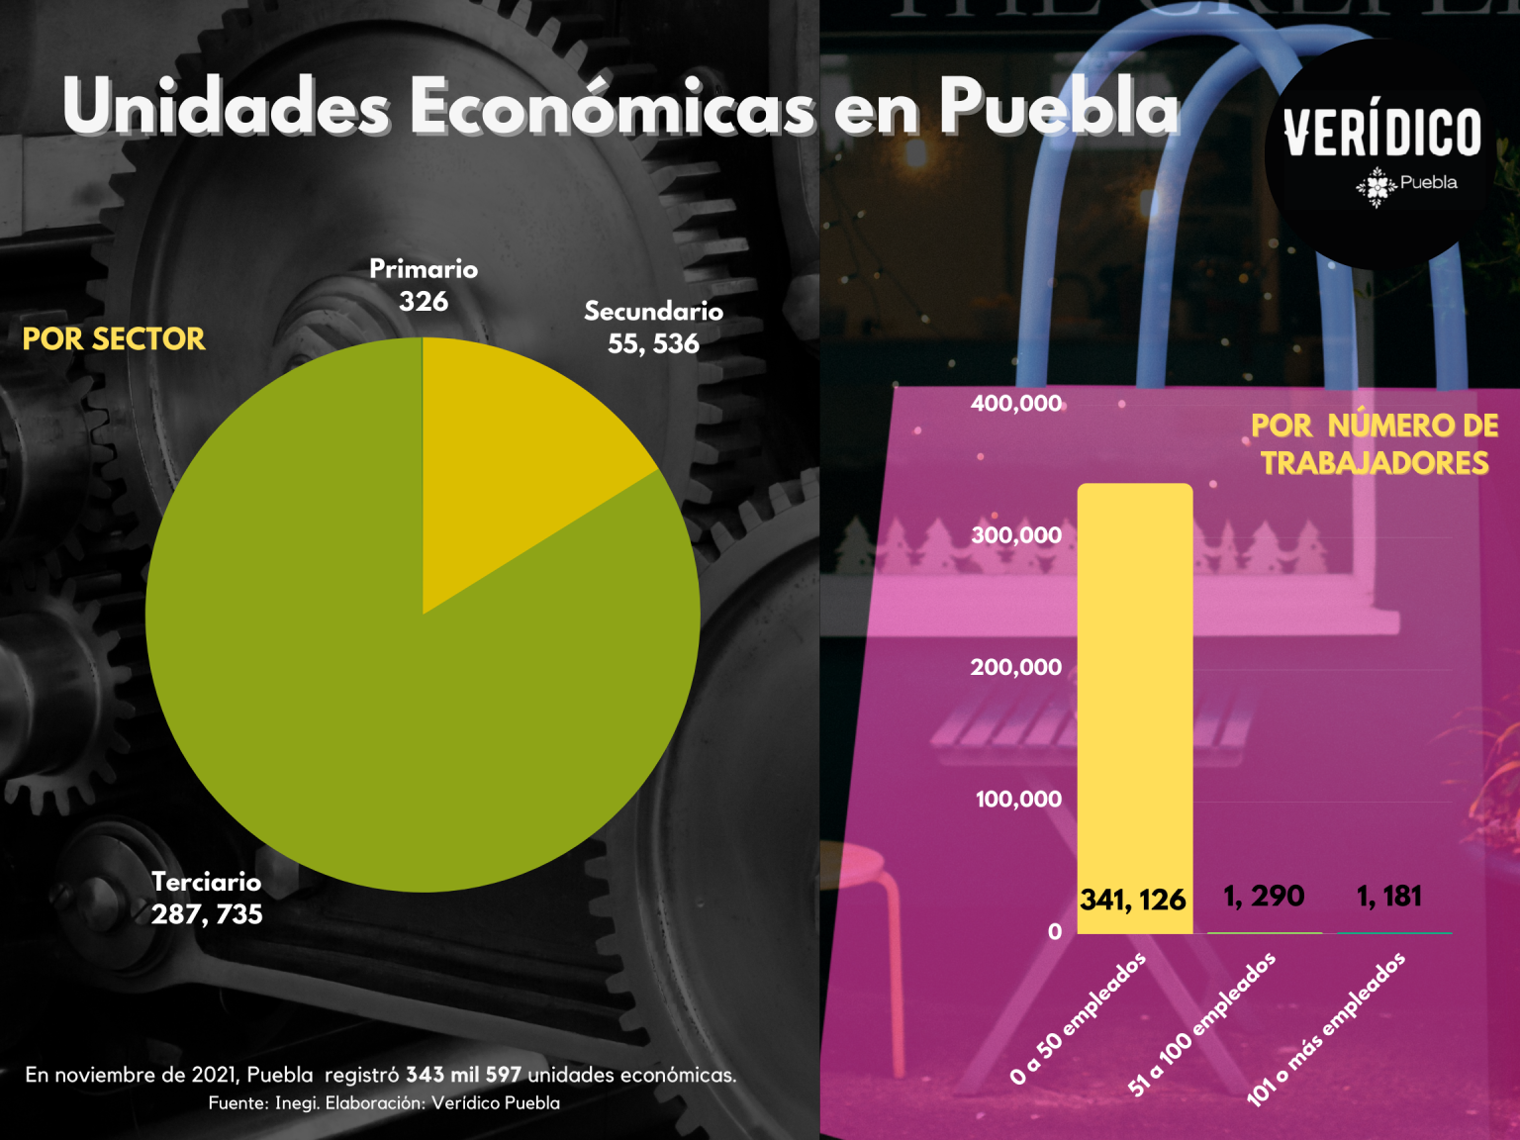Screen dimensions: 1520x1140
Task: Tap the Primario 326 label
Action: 424,285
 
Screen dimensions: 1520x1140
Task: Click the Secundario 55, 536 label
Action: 654,328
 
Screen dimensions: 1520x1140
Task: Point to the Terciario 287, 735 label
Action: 207,898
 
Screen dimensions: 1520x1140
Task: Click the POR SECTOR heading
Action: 114,339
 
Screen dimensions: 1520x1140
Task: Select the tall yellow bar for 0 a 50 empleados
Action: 1134,709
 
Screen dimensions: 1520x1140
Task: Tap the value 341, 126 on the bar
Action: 1133,900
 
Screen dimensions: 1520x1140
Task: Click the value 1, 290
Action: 1264,897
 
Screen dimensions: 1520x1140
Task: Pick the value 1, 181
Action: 1388,897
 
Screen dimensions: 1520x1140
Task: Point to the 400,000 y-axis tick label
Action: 1016,403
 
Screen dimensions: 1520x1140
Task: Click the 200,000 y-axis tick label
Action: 1016,667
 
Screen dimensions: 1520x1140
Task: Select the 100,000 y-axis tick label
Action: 1018,799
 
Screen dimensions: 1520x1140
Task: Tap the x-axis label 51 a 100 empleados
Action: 1201,1023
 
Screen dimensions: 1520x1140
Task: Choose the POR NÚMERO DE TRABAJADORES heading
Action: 1375,444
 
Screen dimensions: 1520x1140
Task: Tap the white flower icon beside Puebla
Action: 1377,186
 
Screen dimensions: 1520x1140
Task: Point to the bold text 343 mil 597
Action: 463,1075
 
